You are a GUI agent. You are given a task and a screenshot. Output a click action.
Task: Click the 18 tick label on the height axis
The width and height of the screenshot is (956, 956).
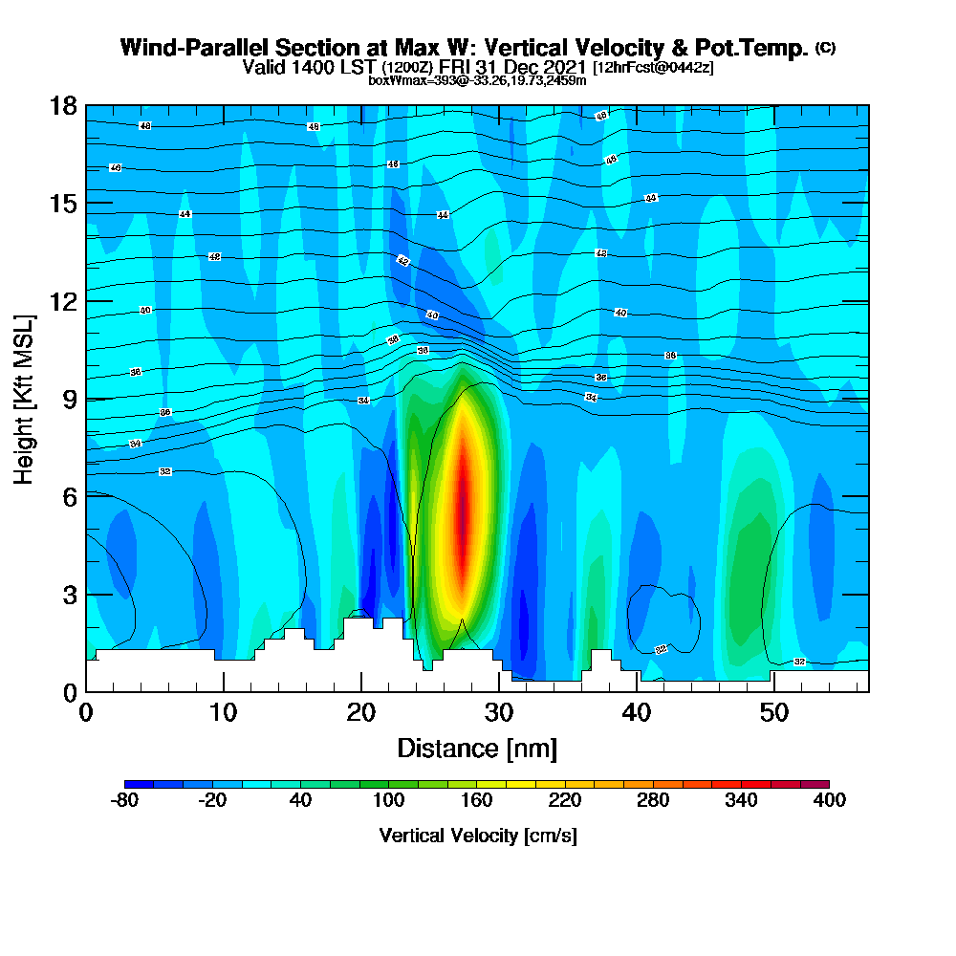[x=63, y=106]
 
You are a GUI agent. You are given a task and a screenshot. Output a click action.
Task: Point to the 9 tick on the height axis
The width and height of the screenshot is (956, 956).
[x=86, y=399]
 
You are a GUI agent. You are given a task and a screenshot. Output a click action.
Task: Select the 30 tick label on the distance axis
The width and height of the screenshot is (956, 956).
[x=498, y=713]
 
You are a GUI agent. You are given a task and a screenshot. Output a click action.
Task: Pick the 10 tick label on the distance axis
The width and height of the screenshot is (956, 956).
[x=223, y=713]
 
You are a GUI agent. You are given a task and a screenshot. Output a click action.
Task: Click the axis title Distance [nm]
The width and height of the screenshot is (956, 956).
[x=477, y=748]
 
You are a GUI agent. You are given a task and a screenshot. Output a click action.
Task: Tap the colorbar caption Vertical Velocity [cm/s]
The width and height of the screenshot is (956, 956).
[x=478, y=836]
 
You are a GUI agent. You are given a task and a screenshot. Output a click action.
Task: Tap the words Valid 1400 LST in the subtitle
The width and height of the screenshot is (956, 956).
[x=310, y=68]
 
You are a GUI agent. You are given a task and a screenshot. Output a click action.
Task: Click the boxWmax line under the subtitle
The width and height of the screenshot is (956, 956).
[x=477, y=80]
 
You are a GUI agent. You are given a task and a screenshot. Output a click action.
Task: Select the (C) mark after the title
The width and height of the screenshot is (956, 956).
[x=825, y=48]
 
